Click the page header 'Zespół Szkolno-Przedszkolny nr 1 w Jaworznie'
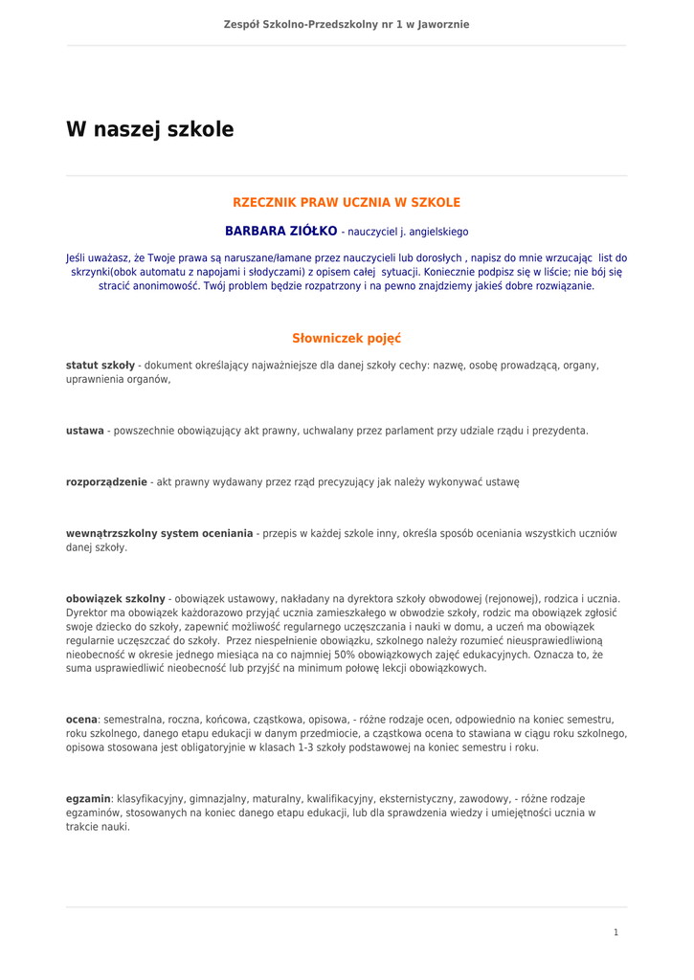coord(347,24)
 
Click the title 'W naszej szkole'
coord(149,129)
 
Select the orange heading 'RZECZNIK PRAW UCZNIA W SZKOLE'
coord(347,203)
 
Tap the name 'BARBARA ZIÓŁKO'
coord(280,232)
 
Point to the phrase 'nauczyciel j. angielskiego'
coord(408,233)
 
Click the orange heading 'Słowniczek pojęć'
coord(347,338)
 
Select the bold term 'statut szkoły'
coord(100,366)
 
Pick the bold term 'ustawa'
coord(84,431)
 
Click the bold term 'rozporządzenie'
coord(105,483)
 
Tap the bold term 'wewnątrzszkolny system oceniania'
coord(159,533)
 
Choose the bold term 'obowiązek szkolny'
coord(115,599)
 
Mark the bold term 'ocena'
coord(81,719)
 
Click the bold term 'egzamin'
coord(88,798)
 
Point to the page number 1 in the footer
coord(616,932)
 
